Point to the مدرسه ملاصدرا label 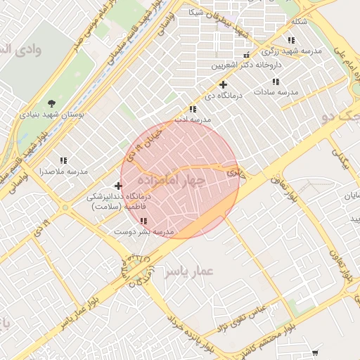coord(63,172)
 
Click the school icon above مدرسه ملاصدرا coord(63,160)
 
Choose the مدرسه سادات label coord(276,92)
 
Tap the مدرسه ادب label coord(193,120)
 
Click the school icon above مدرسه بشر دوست coord(143,221)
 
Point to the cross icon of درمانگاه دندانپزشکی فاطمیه coord(118,186)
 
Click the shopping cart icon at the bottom coord(314,353)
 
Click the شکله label coord(299,21)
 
